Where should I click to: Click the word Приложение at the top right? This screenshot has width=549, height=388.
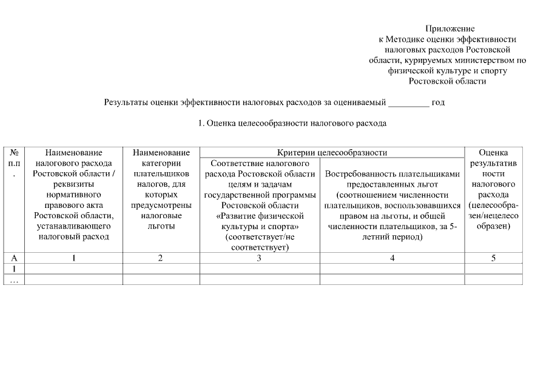[x=450, y=28]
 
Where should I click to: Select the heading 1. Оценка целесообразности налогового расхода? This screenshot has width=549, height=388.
[x=292, y=124]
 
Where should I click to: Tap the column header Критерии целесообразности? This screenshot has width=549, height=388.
[x=332, y=153]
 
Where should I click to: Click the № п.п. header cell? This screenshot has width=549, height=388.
[x=13, y=163]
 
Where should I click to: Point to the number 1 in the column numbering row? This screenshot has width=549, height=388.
[x=73, y=258]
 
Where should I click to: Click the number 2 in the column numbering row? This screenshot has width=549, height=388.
[x=161, y=258]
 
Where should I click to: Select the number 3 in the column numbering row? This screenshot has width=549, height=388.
[x=259, y=258]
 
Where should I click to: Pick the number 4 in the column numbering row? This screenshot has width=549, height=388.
[x=392, y=258]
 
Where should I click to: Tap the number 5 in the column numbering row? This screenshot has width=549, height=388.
[x=493, y=258]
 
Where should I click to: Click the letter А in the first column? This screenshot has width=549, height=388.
[x=14, y=258]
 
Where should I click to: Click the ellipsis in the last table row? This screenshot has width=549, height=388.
[x=13, y=279]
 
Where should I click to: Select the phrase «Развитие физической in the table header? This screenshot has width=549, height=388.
[x=259, y=216]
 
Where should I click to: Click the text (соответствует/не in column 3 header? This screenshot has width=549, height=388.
[x=259, y=236]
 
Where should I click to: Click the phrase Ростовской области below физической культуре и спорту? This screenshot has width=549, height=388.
[x=448, y=81]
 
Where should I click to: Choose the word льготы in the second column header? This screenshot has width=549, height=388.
[x=161, y=226]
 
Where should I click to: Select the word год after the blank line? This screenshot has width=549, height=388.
[x=438, y=102]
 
